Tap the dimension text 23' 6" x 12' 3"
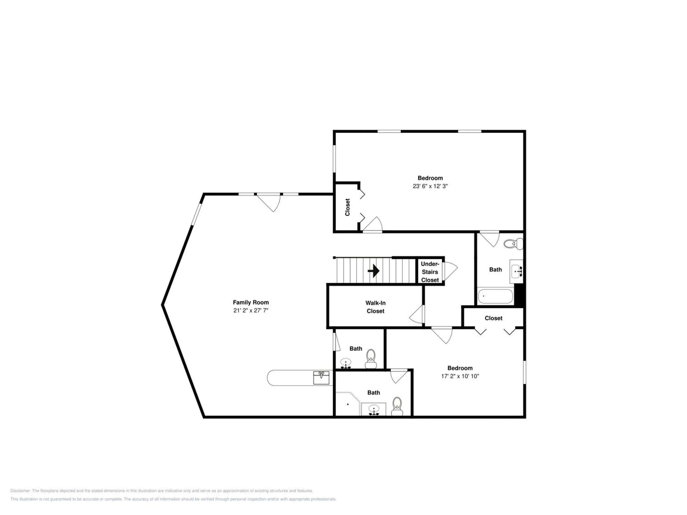pyautogui.click(x=430, y=186)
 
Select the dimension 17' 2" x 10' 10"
pyautogui.click(x=460, y=376)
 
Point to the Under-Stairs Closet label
pyautogui.click(x=430, y=272)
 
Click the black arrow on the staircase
pyautogui.click(x=374, y=271)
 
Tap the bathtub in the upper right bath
pyautogui.click(x=495, y=296)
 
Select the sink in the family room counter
pyautogui.click(x=321, y=377)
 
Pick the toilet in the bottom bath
pyautogui.click(x=397, y=406)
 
